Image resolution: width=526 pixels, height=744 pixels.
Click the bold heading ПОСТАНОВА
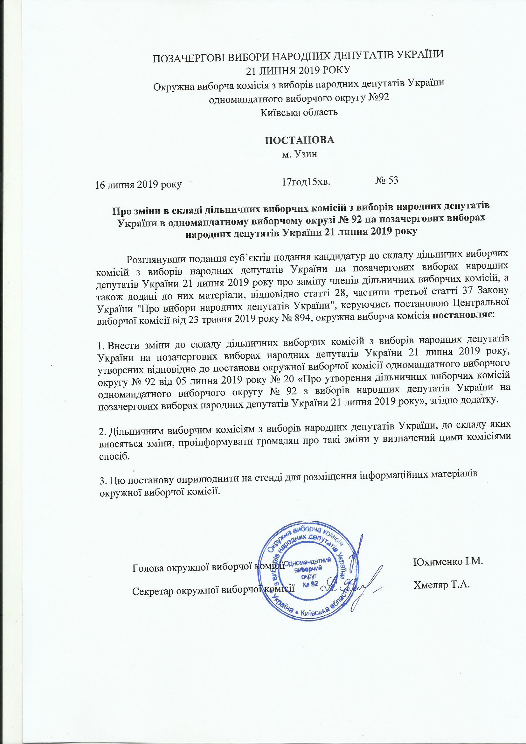pos(299,140)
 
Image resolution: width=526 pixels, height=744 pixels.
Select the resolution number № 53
pos(387,180)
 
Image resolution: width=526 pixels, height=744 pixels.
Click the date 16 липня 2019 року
pos(138,184)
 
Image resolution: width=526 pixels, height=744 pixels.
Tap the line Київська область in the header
pos(299,112)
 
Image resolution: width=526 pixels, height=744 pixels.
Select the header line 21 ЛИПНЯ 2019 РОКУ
pos(298,69)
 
